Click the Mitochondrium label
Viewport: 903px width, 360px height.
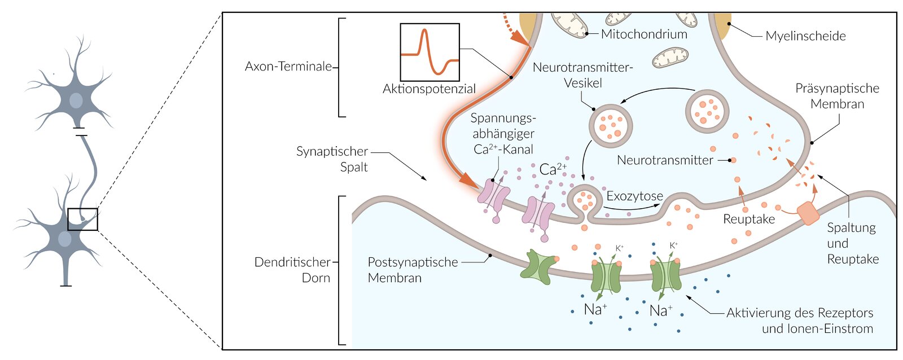tap(643, 34)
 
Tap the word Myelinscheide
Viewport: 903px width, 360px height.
tap(805, 36)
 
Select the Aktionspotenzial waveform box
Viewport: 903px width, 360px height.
tap(429, 52)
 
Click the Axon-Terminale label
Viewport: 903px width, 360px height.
tap(288, 67)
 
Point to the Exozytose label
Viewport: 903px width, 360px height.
tap(634, 196)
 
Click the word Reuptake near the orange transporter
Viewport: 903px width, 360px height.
tap(748, 219)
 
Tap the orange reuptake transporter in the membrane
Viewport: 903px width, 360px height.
tap(808, 214)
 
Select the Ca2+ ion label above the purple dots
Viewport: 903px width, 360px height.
tap(553, 169)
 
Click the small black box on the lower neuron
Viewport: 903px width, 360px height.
tap(82, 219)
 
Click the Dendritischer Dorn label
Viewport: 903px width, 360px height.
tap(292, 270)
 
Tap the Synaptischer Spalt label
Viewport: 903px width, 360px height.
tap(332, 159)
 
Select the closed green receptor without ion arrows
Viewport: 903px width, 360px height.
tap(539, 266)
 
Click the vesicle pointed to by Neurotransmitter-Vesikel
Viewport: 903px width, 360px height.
tap(611, 125)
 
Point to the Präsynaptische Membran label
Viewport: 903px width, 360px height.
tap(837, 96)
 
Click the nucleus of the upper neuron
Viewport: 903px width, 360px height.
tap(76, 101)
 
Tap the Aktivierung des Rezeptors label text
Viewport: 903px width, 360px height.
tap(799, 313)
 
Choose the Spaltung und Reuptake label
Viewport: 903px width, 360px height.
tap(852, 243)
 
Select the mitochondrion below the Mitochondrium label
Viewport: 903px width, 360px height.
tap(670, 58)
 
